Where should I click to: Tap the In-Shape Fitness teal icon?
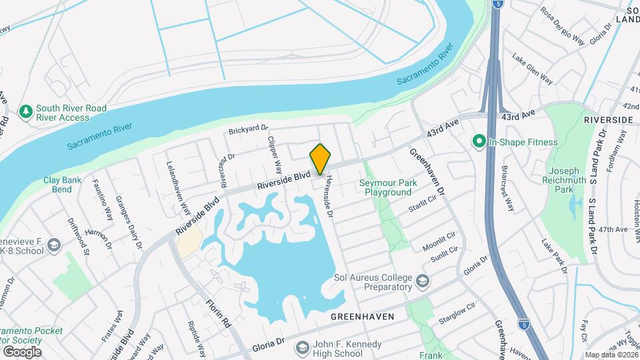tap(478, 141)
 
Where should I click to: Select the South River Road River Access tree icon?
tap(26, 112)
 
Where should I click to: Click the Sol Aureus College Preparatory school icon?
tap(421, 281)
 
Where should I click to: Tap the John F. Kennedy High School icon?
tap(302, 348)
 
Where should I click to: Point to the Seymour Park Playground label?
tap(387, 187)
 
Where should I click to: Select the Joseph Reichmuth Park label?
tap(564, 179)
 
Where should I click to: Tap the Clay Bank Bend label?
tap(61, 185)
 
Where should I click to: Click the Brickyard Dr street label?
tap(248, 129)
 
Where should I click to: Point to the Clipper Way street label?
tap(275, 157)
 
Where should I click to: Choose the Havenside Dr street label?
tap(328, 194)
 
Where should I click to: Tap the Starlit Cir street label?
tap(422, 203)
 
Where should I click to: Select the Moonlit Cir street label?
tap(439, 241)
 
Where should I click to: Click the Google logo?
tap(22, 351)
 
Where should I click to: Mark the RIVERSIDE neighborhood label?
tap(607, 119)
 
